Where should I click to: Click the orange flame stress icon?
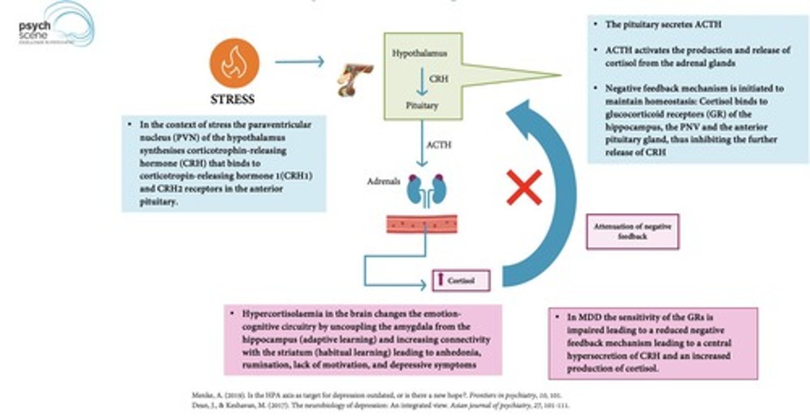click(x=234, y=63)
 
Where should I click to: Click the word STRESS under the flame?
click(x=232, y=100)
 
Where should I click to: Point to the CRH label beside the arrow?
click(x=439, y=79)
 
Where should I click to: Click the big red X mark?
click(x=524, y=187)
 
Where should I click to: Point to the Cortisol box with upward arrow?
click(x=461, y=280)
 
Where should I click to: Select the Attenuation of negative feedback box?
click(x=632, y=231)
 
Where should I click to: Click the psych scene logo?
click(x=56, y=25)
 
